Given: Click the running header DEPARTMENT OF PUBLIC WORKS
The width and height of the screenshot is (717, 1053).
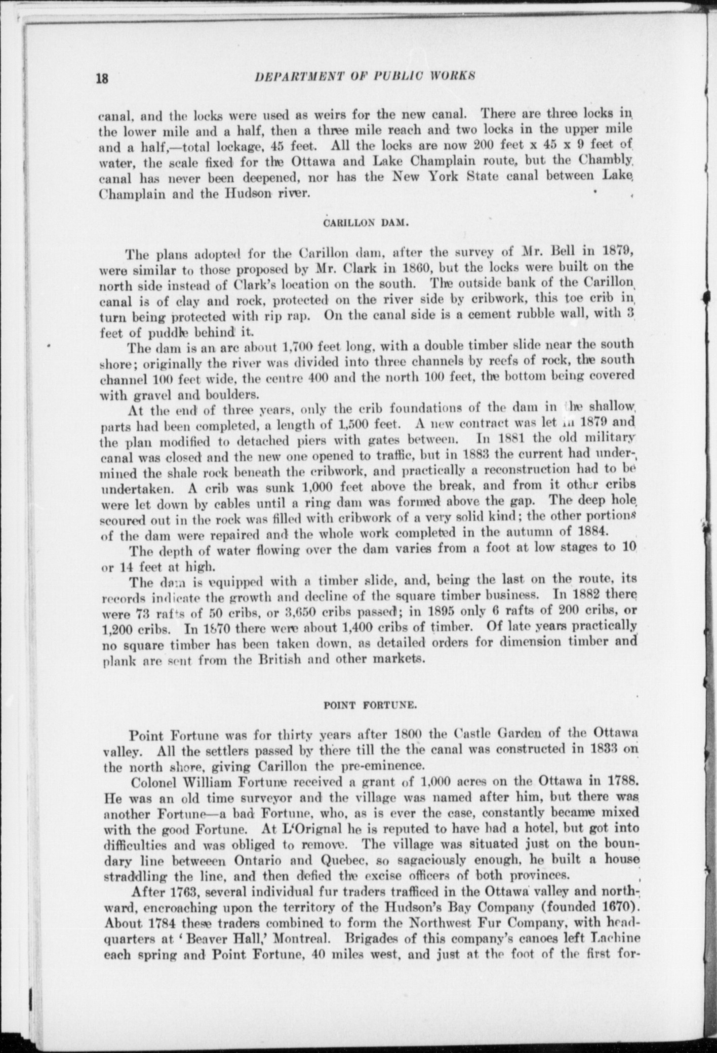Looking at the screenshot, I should (x=365, y=76).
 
